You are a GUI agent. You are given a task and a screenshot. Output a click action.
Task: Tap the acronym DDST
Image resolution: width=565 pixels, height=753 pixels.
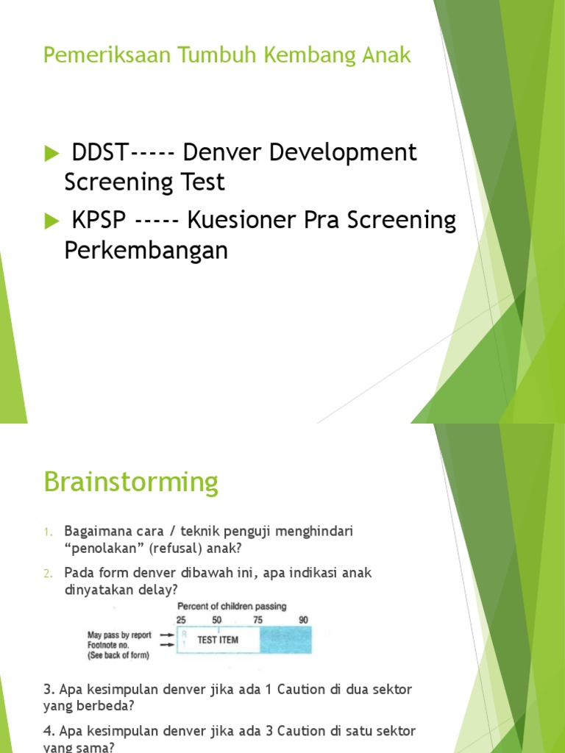pyautogui.click(x=100, y=153)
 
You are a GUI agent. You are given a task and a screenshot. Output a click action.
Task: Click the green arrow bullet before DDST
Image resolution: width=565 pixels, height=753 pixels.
pyautogui.click(x=51, y=154)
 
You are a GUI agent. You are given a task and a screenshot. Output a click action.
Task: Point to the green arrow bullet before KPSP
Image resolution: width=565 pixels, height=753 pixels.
pyautogui.click(x=51, y=220)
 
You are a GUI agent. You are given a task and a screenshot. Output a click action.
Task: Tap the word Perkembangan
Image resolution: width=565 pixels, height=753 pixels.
pyautogui.click(x=146, y=250)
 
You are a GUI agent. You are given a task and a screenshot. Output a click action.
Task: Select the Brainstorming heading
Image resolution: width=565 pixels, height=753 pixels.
pyautogui.click(x=131, y=483)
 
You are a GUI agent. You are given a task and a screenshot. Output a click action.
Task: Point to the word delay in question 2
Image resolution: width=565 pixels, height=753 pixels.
pyautogui.click(x=159, y=589)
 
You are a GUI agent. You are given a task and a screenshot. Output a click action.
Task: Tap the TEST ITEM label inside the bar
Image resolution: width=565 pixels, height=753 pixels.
pyautogui.click(x=218, y=640)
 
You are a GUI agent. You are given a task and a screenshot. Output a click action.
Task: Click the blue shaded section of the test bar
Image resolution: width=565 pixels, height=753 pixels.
pyautogui.click(x=285, y=640)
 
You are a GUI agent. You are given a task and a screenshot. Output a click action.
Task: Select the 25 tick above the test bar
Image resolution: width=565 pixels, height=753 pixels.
pyautogui.click(x=181, y=620)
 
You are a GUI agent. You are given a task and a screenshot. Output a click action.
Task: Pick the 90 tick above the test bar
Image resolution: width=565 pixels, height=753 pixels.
pyautogui.click(x=303, y=620)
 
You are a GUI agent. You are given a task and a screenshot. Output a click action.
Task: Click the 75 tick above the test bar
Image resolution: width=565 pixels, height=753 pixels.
pyautogui.click(x=257, y=620)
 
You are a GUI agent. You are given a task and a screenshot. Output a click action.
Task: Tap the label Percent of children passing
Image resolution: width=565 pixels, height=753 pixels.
pyautogui.click(x=232, y=607)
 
